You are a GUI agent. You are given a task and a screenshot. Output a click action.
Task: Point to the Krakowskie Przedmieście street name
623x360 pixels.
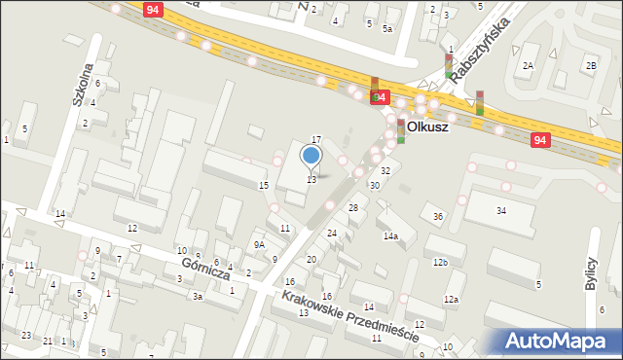[x=350, y=318]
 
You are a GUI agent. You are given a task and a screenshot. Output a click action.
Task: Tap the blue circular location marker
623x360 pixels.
[x=311, y=155]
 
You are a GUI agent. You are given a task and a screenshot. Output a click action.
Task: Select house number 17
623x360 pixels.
[x=316, y=140]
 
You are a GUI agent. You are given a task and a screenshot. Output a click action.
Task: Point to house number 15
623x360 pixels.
[x=263, y=185]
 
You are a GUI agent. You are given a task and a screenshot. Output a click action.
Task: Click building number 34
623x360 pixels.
[x=501, y=210]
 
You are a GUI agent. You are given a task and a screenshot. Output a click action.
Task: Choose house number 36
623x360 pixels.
[x=438, y=216]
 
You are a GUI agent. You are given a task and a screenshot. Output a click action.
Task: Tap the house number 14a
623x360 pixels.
[x=390, y=236]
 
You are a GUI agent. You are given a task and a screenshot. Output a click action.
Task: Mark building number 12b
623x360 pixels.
[x=441, y=263]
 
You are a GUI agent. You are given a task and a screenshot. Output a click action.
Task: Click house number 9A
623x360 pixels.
[x=260, y=245]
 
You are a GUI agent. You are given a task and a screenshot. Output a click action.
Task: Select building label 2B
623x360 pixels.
[x=590, y=65]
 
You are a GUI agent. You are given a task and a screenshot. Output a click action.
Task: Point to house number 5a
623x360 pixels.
[x=386, y=29]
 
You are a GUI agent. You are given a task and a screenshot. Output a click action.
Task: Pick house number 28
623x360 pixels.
[x=353, y=208]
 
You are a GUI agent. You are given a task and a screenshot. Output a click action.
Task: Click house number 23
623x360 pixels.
[x=22, y=336]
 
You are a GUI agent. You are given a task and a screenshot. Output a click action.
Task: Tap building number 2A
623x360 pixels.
[x=528, y=65]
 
